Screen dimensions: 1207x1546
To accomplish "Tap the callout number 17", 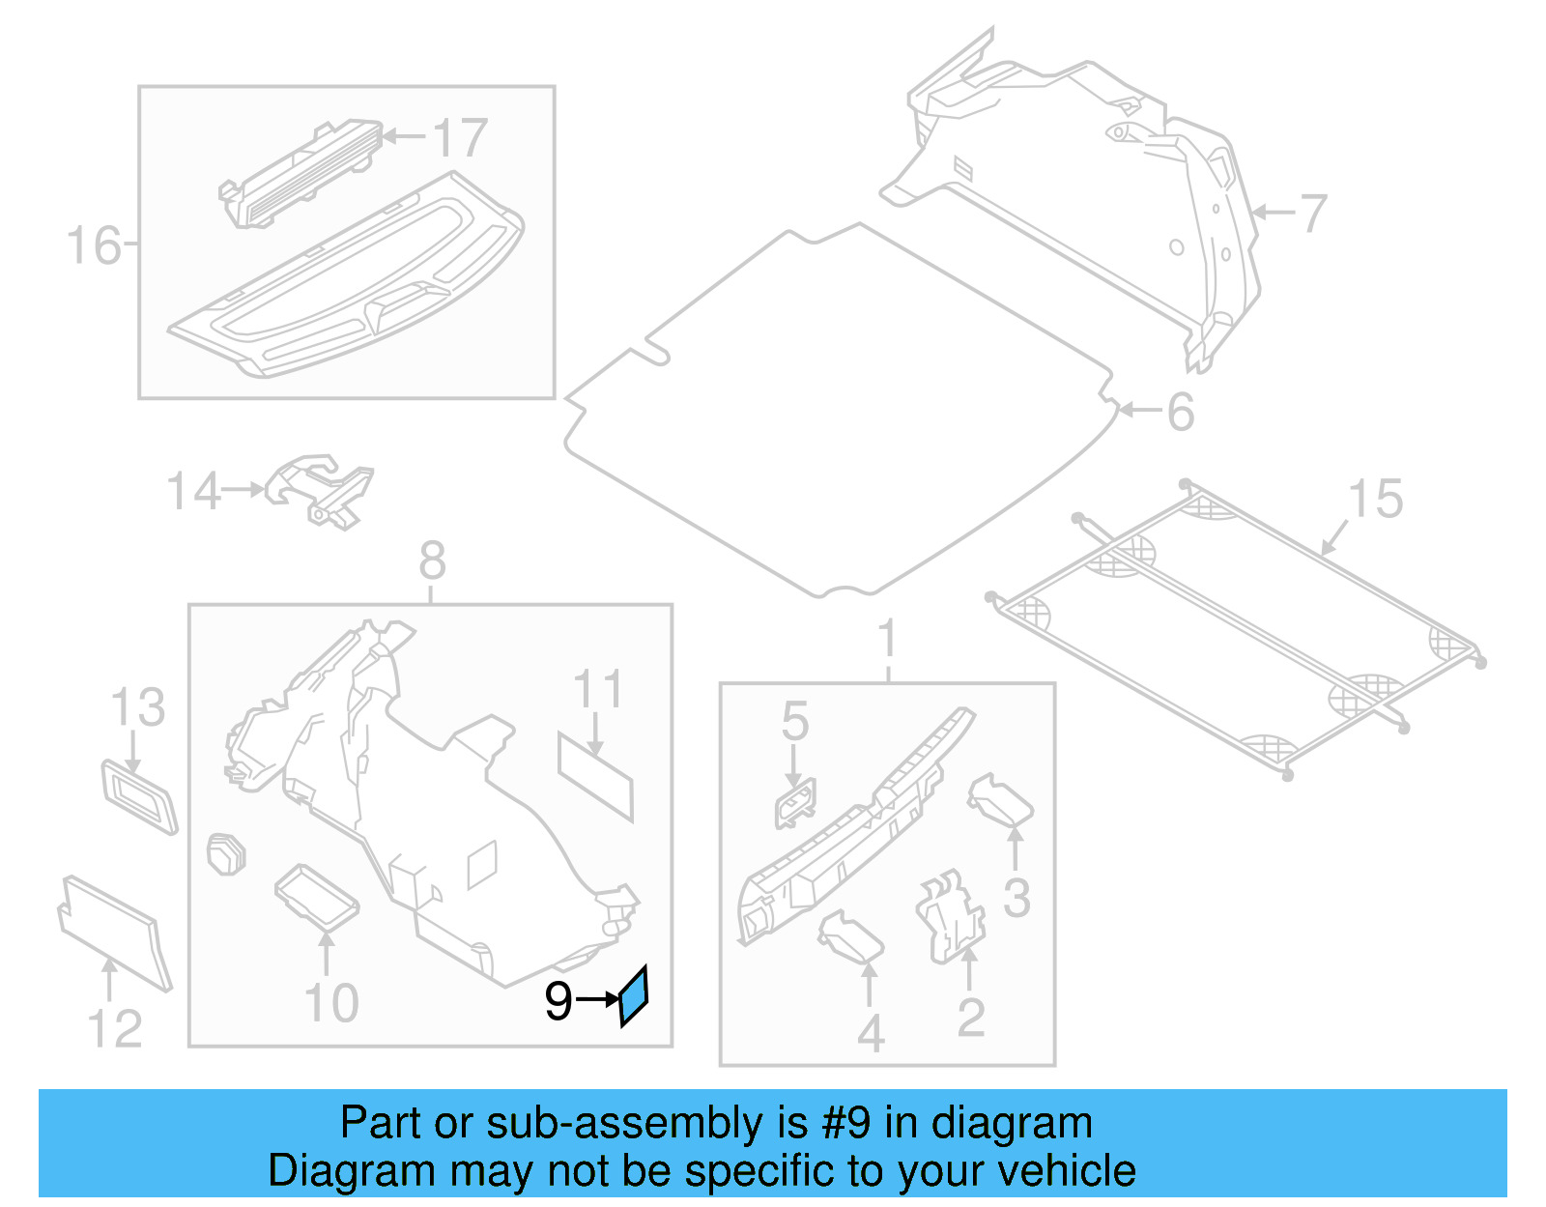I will tap(460, 138).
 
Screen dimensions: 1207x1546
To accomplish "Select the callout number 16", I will tap(93, 246).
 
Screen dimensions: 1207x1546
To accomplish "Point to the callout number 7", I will tap(1312, 214).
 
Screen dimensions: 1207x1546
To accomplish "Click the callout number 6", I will tap(1181, 413).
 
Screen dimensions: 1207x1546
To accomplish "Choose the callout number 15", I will tap(1375, 500).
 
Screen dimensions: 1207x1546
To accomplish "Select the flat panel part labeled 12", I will tap(114, 932).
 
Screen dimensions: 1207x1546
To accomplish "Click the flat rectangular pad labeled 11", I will tap(595, 776).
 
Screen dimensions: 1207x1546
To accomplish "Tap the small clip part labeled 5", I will tap(794, 803).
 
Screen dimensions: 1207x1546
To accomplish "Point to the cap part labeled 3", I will tap(1001, 801).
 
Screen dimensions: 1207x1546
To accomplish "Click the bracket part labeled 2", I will tap(950, 918).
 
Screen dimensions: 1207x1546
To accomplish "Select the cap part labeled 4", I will tap(850, 937).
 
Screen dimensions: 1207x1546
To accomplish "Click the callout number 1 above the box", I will tap(887, 640).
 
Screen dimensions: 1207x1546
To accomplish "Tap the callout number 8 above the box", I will tap(432, 561).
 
